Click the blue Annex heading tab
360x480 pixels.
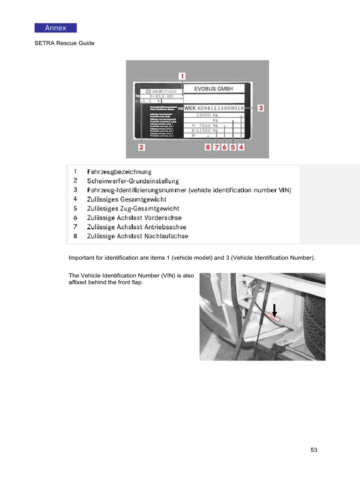coord(55,28)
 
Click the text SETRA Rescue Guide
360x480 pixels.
coord(64,43)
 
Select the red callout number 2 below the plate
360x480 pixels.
coord(141,147)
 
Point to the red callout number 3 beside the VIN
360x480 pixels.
coord(261,108)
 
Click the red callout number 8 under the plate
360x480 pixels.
coord(208,147)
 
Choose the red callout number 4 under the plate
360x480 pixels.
coord(241,147)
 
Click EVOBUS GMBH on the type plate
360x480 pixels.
coord(213,89)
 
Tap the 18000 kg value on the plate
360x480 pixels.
coord(207,115)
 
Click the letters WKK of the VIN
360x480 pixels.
coord(190,108)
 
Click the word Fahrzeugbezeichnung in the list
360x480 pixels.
coord(119,172)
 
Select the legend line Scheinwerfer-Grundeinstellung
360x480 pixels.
coord(133,181)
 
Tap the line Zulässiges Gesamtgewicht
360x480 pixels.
coord(127,199)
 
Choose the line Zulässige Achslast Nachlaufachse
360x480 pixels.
coord(137,236)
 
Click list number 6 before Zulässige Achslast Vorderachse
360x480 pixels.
coord(75,217)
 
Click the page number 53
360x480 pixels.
coord(314,450)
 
